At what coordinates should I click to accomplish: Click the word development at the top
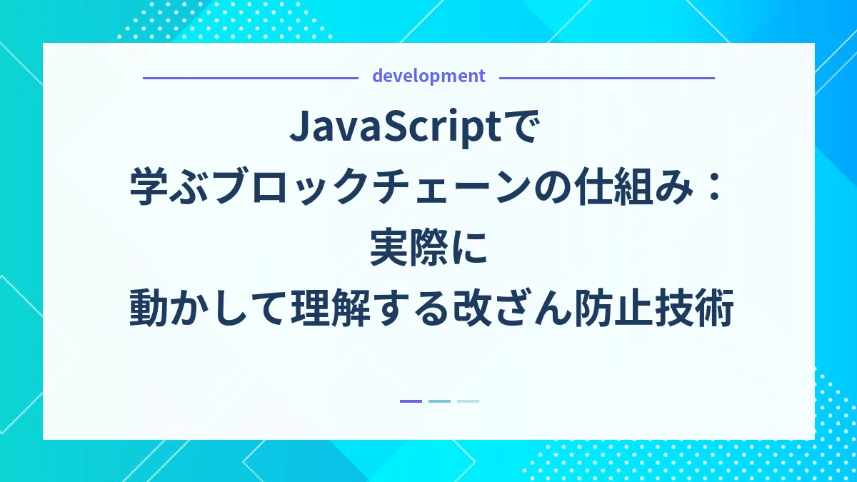428,76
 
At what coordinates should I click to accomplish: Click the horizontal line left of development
250,77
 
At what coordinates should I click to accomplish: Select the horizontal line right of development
607,77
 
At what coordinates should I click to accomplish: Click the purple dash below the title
411,401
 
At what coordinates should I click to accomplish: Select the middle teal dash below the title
439,401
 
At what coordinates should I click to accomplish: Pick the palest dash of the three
468,401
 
